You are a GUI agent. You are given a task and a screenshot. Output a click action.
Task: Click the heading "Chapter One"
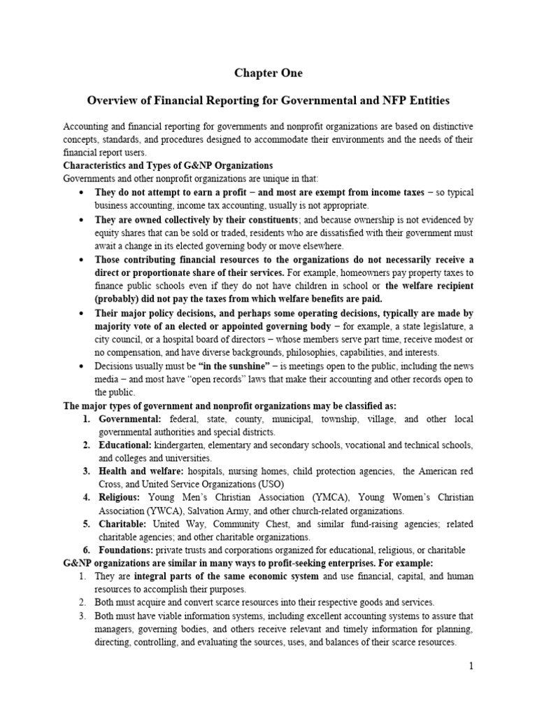268,72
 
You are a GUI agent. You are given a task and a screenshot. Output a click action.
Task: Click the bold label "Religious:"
119,498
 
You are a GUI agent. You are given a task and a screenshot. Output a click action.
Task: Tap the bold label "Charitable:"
122,524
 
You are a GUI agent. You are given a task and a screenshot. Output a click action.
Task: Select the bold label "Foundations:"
127,550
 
